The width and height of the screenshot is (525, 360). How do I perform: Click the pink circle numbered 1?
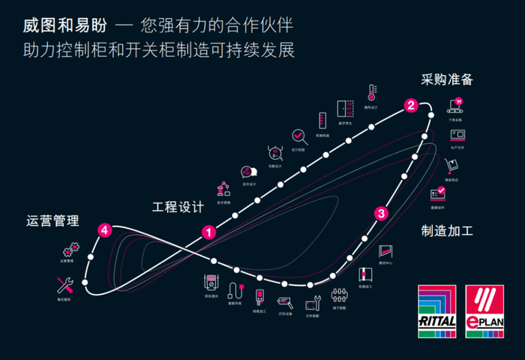pos(209,232)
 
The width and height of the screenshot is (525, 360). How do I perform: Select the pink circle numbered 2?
pos(410,106)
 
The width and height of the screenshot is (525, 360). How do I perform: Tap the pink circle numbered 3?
pos(381,214)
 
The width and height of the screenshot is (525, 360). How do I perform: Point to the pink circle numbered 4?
pos(106,230)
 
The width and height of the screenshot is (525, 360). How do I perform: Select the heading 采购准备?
pos(447,79)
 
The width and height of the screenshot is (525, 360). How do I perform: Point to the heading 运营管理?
pos(52,221)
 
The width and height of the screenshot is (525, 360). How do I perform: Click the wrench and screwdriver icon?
pos(64,284)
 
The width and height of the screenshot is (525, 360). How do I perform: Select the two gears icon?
pos(70,248)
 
